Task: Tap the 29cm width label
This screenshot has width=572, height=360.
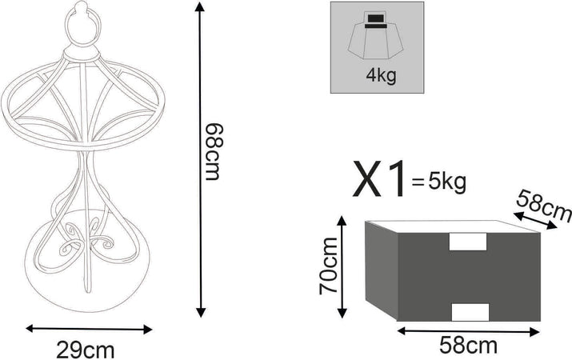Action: (x=86, y=350)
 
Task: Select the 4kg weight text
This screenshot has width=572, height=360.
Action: (x=381, y=75)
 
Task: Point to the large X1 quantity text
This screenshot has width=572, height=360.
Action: (x=379, y=179)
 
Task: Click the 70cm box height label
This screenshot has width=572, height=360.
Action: (x=329, y=266)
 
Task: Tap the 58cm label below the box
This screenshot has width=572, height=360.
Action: (x=468, y=346)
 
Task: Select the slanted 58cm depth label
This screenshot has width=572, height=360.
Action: (x=544, y=206)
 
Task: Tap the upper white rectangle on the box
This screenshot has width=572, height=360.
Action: (x=468, y=242)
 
